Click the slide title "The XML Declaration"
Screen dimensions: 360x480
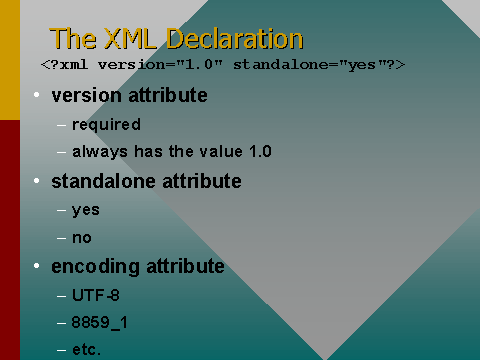click(x=176, y=39)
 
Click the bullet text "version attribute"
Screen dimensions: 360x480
click(x=129, y=96)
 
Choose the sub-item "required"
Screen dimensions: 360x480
click(x=106, y=125)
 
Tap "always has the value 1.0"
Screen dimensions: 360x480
click(x=172, y=152)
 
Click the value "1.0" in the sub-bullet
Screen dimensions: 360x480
click(x=259, y=152)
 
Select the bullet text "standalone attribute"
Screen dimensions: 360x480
click(x=146, y=181)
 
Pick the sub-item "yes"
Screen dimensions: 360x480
click(x=86, y=210)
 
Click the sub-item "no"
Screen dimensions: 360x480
click(x=82, y=238)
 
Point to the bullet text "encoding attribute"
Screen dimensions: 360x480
click(x=137, y=267)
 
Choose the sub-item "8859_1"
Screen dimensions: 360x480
click(x=100, y=323)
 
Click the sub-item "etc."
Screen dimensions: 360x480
click(x=87, y=350)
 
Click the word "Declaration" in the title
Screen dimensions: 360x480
click(x=234, y=39)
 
